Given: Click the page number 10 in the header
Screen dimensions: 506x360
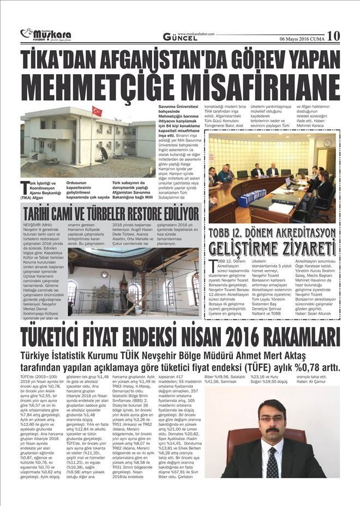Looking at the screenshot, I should [333, 35].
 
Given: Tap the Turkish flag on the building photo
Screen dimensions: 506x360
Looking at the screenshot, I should [97, 111].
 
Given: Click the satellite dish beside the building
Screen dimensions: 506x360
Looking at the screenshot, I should [104, 153].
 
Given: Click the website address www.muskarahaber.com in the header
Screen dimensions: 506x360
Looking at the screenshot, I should [196, 33].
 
